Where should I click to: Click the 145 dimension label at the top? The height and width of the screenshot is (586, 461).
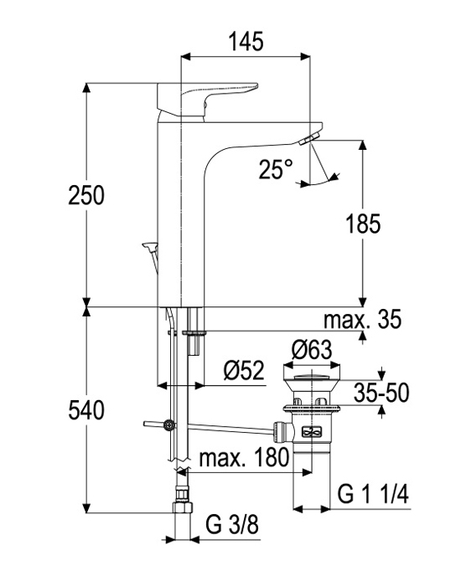click(x=246, y=41)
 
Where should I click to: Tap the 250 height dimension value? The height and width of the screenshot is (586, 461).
click(x=86, y=195)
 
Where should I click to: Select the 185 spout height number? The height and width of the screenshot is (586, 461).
click(x=363, y=224)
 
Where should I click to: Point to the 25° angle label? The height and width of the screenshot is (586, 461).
click(x=276, y=169)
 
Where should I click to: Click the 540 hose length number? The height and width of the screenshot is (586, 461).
click(x=86, y=410)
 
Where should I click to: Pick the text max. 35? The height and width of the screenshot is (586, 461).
click(x=362, y=319)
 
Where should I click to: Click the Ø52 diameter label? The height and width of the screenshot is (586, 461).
click(x=244, y=370)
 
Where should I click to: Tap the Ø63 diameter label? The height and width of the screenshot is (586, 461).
click(x=312, y=350)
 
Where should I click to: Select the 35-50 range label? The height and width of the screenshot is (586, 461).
click(x=381, y=393)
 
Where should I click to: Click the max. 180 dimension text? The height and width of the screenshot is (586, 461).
click(x=245, y=457)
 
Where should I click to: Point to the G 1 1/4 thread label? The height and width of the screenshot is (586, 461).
click(x=373, y=494)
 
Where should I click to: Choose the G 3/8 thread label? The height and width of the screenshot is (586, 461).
click(x=232, y=525)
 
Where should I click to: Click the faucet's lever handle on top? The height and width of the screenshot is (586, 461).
click(x=208, y=101)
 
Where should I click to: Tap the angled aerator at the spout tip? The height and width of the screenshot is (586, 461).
click(x=309, y=138)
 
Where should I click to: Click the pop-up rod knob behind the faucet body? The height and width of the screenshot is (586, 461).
click(x=150, y=246)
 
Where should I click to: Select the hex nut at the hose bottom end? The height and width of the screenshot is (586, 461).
click(x=183, y=507)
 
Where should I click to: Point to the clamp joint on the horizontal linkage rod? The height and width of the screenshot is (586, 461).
click(x=168, y=425)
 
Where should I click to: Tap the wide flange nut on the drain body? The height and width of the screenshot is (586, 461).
click(x=311, y=409)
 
